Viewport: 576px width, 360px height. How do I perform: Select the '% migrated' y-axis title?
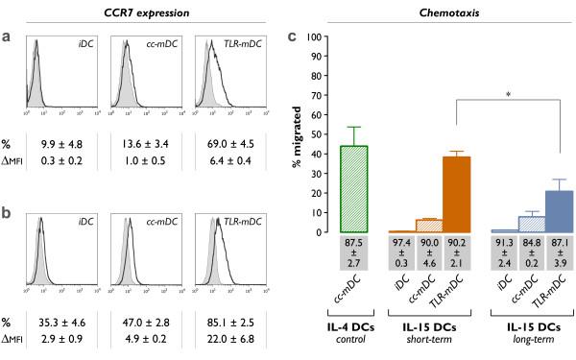[x=300, y=134]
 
